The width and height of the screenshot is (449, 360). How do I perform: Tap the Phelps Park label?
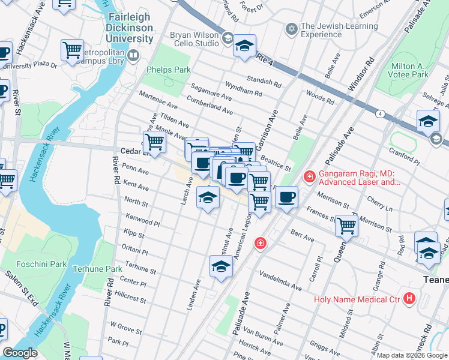pos(169,70)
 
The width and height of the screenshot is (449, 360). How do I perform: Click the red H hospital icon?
pos(409,298)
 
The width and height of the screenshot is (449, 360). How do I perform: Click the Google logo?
pos(20,353)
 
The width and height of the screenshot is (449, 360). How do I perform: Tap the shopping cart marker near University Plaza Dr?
pos(72,51)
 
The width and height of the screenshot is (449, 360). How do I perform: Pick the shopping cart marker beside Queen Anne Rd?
pos(346,226)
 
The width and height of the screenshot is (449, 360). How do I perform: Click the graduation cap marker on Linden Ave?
pos(221,266)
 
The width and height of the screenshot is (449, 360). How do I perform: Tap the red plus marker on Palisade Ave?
pos(260,242)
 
